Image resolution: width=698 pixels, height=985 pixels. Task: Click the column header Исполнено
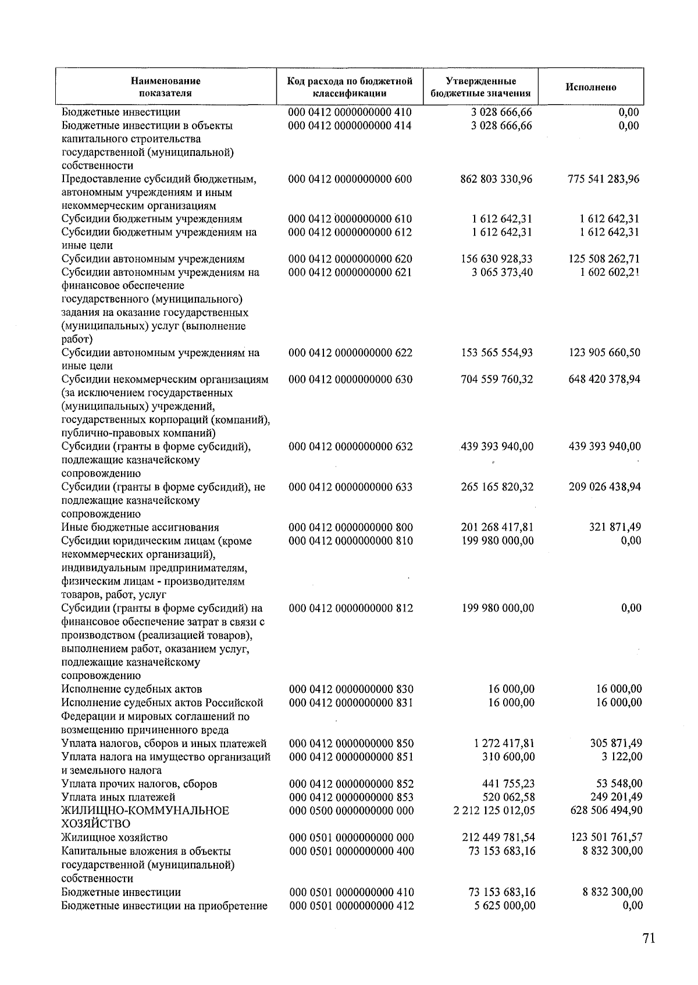pos(590,87)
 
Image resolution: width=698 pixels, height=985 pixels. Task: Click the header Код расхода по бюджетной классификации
pos(350,87)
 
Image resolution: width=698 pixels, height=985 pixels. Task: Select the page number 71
pos(649,938)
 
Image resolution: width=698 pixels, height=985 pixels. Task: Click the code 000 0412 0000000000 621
pos(350,272)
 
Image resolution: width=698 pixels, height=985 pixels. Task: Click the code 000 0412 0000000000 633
pos(350,487)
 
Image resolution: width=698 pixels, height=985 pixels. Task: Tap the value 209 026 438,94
pos(604,487)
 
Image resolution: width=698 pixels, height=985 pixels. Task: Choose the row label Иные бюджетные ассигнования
pos(140,528)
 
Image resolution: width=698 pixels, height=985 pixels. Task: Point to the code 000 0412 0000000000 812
pos(351,608)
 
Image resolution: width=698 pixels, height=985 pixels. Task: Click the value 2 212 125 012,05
pos(494,810)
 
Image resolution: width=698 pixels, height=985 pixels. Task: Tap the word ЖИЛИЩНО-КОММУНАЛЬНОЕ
pos(145,810)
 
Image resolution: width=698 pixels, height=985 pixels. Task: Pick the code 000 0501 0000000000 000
pos(351,838)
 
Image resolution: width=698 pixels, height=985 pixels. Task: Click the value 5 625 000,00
pos(505,905)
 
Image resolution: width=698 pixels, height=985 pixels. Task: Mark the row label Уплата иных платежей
pos(118,797)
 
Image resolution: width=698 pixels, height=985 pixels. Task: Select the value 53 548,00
pos(618,784)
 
